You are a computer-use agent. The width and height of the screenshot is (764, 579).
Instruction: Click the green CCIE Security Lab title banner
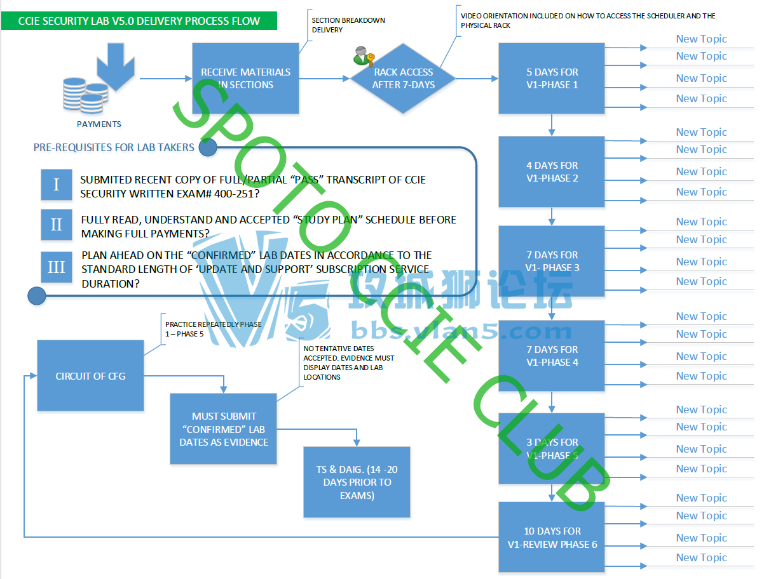139,21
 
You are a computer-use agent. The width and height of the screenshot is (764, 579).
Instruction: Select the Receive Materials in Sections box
245,78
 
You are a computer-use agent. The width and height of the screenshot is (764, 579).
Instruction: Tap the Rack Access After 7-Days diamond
403,78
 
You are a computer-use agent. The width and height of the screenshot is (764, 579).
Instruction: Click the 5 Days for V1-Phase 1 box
552,78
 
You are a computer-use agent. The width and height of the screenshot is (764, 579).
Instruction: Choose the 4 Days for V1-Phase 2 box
552,171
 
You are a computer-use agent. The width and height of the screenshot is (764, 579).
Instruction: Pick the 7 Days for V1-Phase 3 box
552,261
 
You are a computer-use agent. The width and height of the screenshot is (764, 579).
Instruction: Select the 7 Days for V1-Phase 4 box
552,356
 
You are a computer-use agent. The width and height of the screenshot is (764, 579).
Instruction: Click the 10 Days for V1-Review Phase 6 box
552,537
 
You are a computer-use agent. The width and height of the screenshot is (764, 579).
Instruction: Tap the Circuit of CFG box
90,376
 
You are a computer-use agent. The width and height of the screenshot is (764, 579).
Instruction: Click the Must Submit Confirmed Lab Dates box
223,429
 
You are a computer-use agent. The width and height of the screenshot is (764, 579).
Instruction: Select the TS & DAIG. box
357,482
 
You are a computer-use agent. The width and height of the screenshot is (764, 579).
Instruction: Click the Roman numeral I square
57,185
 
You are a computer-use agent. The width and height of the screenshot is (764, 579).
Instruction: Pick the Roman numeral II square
57,225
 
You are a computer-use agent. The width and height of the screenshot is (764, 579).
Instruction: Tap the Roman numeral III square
57,267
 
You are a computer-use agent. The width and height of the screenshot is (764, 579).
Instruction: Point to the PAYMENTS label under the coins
99,124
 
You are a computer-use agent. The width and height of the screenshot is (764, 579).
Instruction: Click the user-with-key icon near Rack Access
364,57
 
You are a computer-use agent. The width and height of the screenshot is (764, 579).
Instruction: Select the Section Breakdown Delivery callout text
348,25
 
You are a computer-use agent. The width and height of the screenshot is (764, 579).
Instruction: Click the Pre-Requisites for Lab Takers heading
114,147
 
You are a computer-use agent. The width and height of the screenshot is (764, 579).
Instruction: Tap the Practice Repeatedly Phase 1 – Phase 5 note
213,329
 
